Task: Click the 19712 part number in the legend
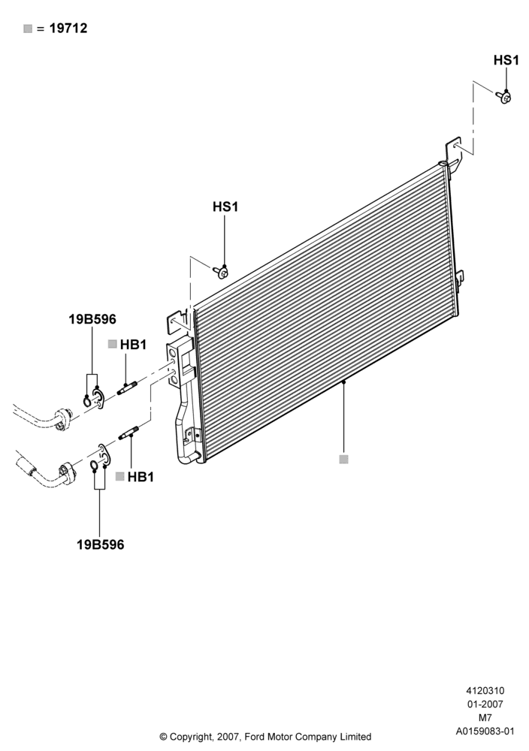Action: point(68,29)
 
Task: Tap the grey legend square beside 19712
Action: point(28,29)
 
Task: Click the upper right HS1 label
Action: point(506,60)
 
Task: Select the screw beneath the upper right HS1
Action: point(504,97)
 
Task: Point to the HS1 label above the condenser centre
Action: point(225,207)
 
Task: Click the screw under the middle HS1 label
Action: point(221,272)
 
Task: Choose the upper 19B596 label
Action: point(92,319)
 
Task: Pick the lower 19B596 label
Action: point(100,544)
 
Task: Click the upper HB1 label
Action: point(133,345)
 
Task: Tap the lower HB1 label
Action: point(141,477)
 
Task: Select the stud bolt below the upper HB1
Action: point(128,388)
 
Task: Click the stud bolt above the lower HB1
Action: point(129,433)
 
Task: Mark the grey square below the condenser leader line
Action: point(343,460)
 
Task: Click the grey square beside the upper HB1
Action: point(113,344)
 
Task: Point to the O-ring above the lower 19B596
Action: point(95,466)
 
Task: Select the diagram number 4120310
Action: point(485,691)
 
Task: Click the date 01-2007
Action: point(485,704)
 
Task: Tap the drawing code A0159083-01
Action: point(485,731)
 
